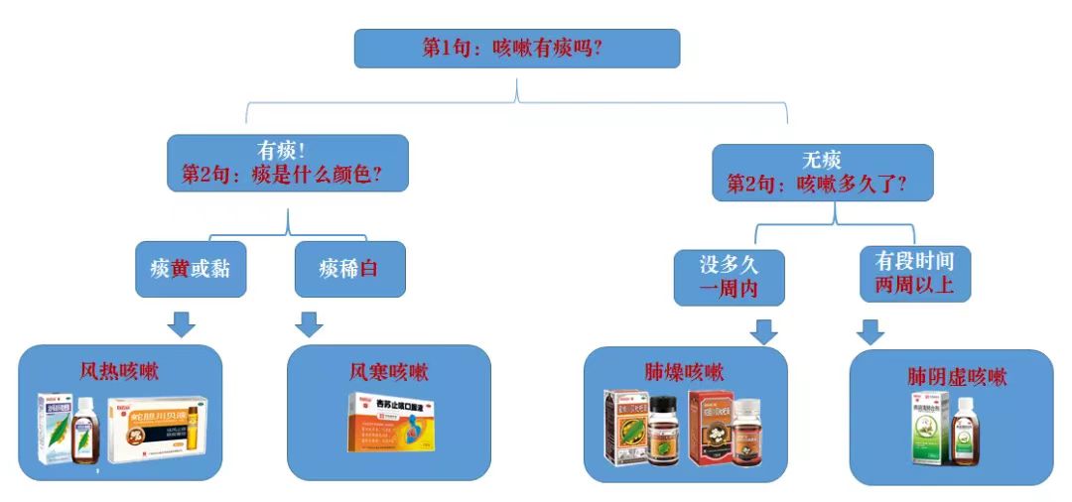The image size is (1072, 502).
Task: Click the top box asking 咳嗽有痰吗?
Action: coord(516,48)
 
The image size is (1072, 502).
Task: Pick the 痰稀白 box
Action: coord(349,268)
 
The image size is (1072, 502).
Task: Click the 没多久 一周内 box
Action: coord(729,276)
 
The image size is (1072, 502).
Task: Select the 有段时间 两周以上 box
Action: coord(914,273)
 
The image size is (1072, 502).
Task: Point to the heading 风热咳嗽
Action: coord(120,372)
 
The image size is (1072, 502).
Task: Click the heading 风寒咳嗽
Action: coord(388,372)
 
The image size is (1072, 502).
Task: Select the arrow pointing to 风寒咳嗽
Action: coord(310,323)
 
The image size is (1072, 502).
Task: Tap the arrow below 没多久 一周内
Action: coord(763,331)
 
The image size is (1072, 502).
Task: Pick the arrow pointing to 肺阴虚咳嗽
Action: coord(871,331)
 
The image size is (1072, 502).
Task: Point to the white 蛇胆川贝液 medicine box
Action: coord(157,433)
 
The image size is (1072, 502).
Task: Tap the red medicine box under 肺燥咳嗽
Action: coord(709,427)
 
